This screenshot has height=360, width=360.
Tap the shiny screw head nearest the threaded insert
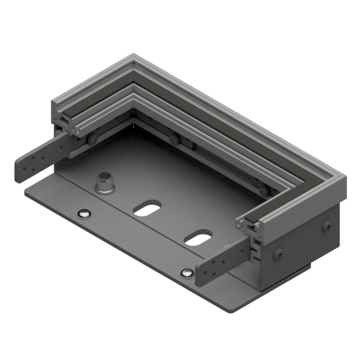[x=83, y=213]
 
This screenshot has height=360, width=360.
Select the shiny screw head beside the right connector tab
[x=187, y=272]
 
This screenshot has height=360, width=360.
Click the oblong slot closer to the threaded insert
[x=147, y=208]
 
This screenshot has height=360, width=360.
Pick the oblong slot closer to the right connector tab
[x=198, y=238]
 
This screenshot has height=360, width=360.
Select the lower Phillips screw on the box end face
[x=279, y=254]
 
